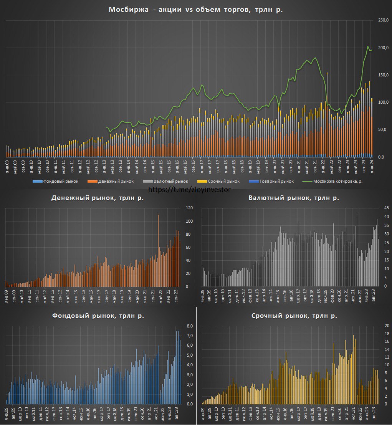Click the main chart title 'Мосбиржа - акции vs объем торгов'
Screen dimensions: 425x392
(x=196, y=10)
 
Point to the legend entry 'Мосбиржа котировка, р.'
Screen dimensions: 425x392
(x=338, y=181)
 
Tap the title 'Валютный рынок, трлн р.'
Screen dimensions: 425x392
(x=294, y=198)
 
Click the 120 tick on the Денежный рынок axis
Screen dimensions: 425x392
(x=189, y=208)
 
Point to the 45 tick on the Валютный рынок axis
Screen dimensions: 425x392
(x=385, y=208)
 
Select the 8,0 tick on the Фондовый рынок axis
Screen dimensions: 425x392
(x=189, y=326)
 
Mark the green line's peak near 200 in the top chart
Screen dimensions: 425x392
(x=368, y=46)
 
